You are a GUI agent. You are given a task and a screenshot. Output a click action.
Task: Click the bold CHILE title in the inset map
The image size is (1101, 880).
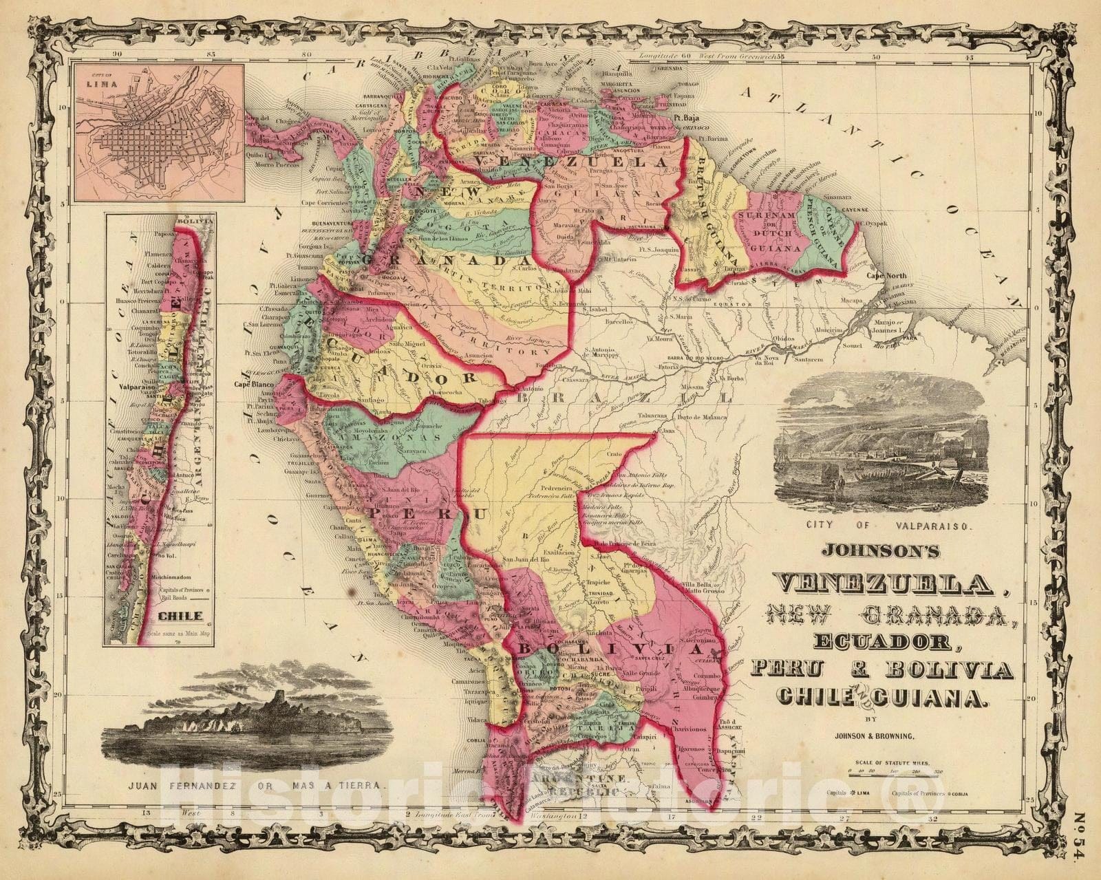179,616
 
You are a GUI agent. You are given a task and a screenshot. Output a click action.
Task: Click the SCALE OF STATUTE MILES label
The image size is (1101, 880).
898,763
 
